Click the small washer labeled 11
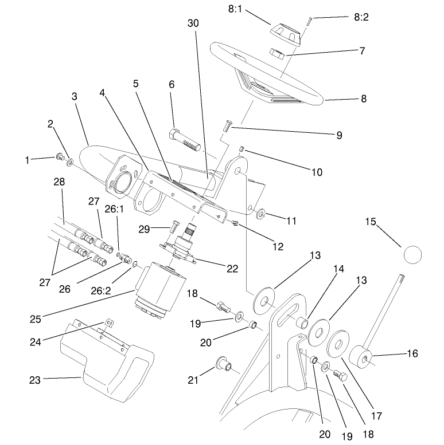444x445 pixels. tap(260, 214)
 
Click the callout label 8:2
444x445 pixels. tap(361, 18)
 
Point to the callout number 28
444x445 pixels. tap(60, 182)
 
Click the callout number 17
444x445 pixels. tap(377, 416)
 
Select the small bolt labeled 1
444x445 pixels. tap(59, 157)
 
